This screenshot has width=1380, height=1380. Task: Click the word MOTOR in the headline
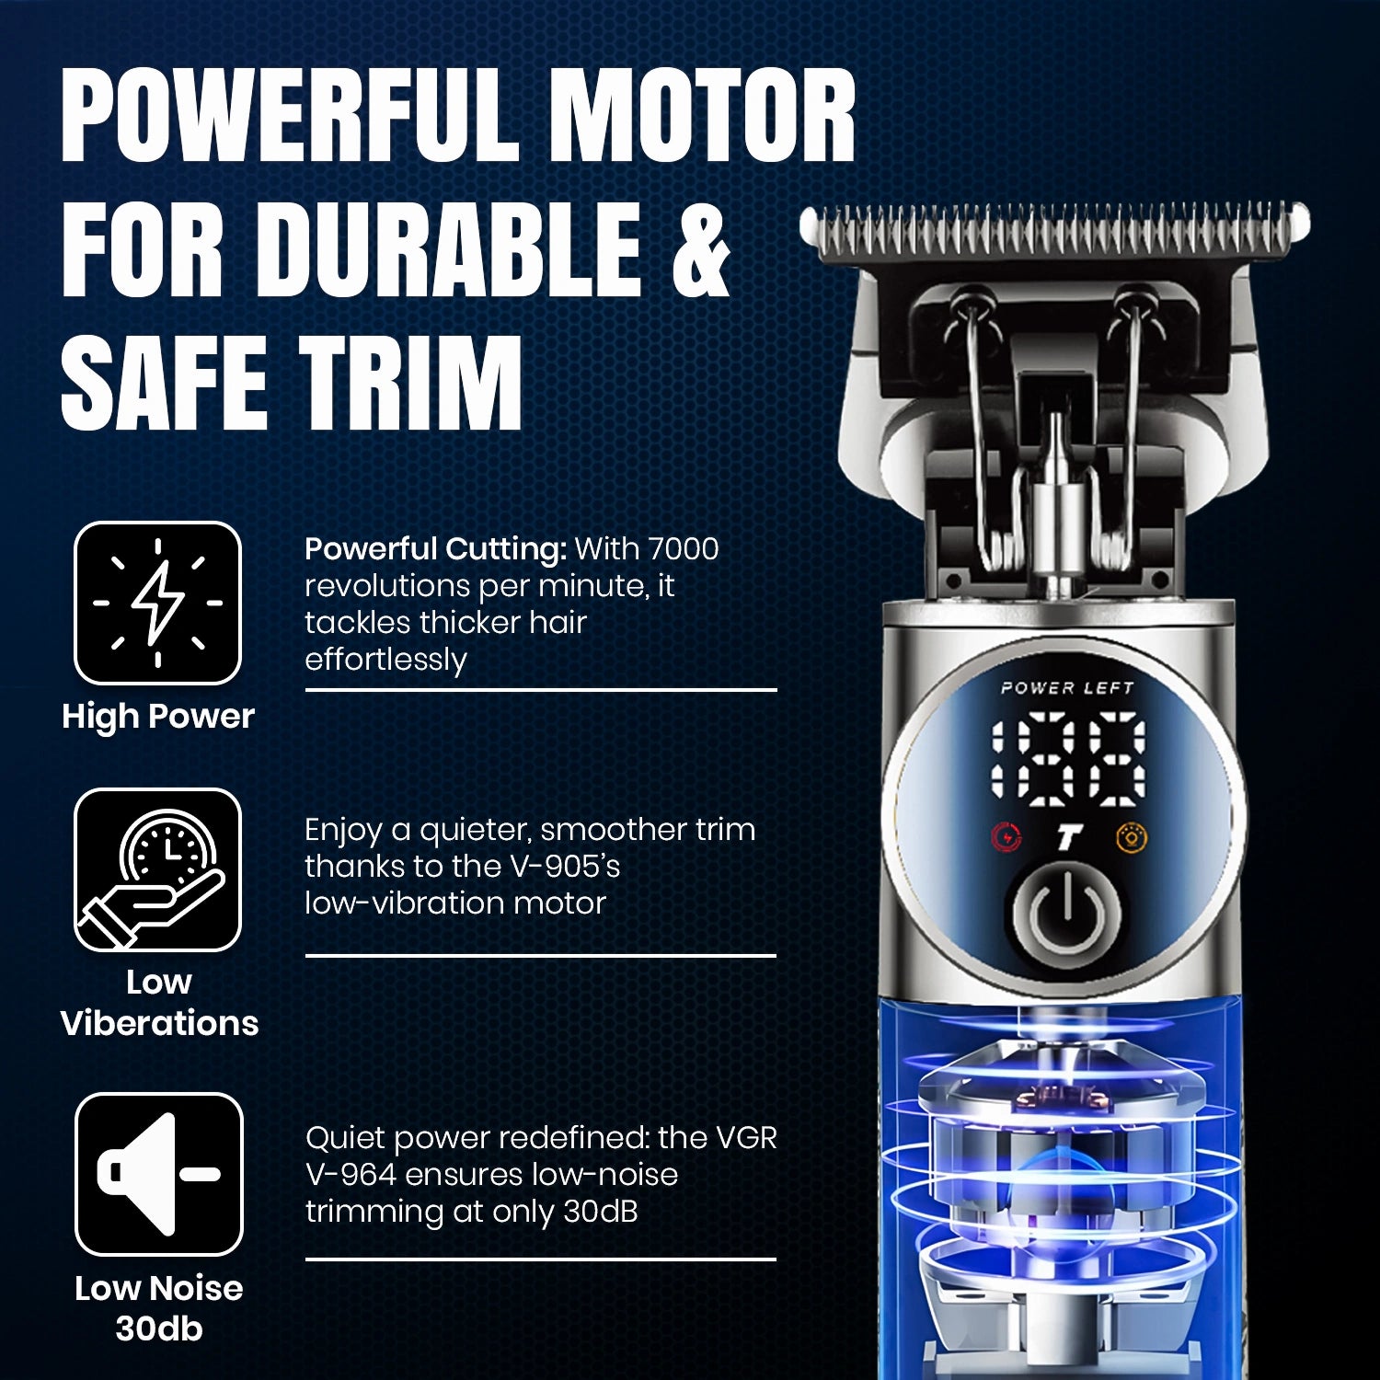coord(707,116)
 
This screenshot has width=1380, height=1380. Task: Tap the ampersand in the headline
coord(702,249)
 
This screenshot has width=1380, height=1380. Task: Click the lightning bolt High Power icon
coord(157,603)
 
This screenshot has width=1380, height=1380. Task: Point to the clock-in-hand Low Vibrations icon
coord(157,869)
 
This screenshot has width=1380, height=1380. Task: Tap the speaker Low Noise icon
coord(158,1174)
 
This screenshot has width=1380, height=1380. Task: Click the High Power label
coord(157,716)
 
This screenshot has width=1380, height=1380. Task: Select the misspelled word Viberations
coord(160,1023)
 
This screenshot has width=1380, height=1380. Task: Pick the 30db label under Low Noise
coord(159,1328)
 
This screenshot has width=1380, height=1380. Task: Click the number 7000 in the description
coord(682,548)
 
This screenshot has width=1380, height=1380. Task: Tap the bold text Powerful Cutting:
coord(436,549)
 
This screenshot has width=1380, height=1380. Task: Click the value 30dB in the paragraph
coord(601,1212)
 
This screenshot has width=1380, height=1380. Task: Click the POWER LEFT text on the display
coord(1067,687)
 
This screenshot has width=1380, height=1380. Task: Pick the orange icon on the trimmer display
coord(1131,837)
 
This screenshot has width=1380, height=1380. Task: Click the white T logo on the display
coord(1067,837)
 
